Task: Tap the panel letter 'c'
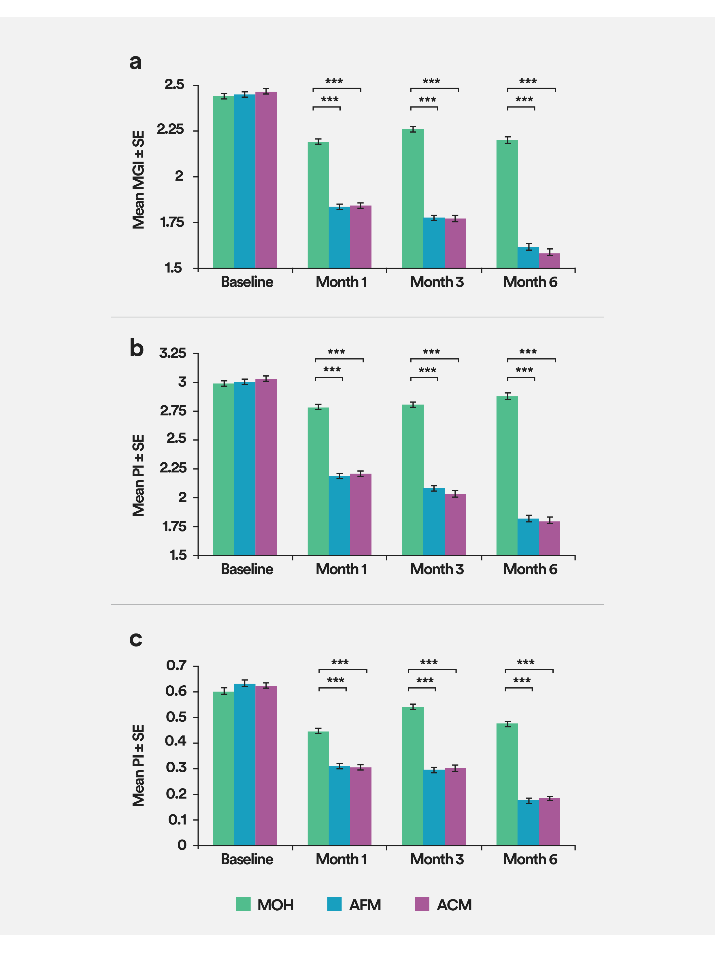[x=136, y=638]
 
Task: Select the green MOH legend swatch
[x=243, y=904]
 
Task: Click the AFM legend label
[x=365, y=905]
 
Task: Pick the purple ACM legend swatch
[x=422, y=904]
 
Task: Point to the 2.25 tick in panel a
[x=171, y=130]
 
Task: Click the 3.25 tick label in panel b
[x=172, y=353]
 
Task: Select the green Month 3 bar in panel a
[x=413, y=198]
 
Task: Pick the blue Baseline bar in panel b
[x=244, y=468]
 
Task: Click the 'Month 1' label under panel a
[x=341, y=282]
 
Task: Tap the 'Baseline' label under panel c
[x=247, y=859]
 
